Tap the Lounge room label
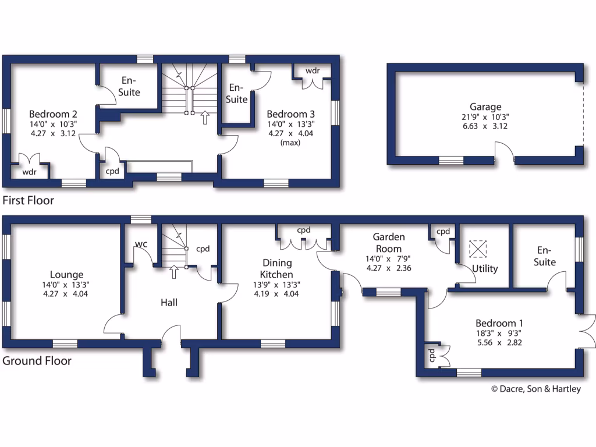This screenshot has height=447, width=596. [66, 275]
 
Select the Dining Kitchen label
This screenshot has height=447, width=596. [276, 268]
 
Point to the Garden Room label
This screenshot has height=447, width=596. [389, 243]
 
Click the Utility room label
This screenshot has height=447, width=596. [485, 269]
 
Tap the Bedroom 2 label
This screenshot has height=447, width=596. [53, 114]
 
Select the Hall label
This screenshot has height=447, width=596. [169, 303]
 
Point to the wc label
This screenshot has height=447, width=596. [141, 243]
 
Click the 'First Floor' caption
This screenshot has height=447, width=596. [29, 201]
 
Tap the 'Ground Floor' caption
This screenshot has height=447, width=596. [37, 361]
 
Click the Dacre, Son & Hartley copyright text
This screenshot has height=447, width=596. [535, 389]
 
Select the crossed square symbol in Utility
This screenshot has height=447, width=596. [477, 249]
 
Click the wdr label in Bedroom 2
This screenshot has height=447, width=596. [29, 172]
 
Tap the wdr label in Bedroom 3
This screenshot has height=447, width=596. [313, 70]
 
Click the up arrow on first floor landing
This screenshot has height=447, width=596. [204, 118]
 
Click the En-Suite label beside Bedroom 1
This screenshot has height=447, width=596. [545, 256]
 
